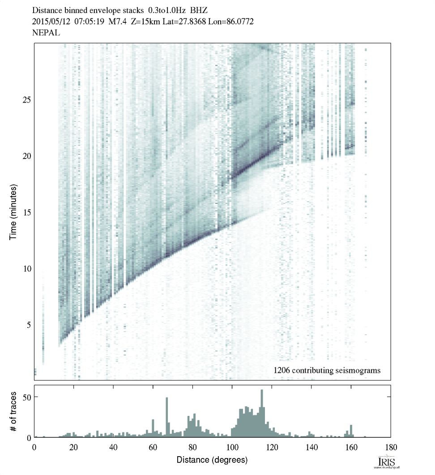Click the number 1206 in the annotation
[x=282, y=371]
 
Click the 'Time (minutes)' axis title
[x=14, y=212]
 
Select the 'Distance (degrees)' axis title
[x=212, y=460]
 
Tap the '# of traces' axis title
[x=14, y=411]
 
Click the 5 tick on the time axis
[x=28, y=324]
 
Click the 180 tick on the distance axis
[x=391, y=447]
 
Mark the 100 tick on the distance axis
[x=232, y=447]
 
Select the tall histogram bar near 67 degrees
[x=167, y=417]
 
